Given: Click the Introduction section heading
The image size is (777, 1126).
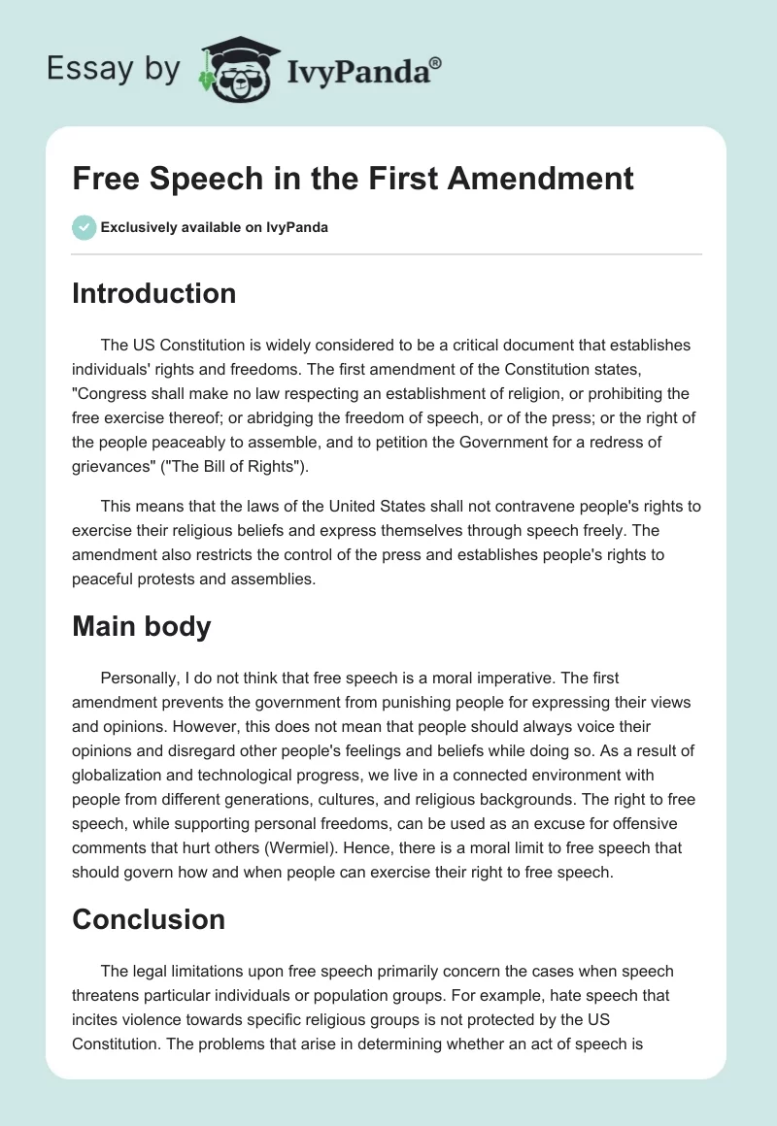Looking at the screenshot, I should click(x=153, y=293).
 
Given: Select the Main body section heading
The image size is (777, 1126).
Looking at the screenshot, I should click(x=141, y=626).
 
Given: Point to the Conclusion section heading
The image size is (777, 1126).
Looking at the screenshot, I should click(x=148, y=918).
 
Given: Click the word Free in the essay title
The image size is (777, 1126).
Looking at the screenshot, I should click(x=104, y=178).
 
